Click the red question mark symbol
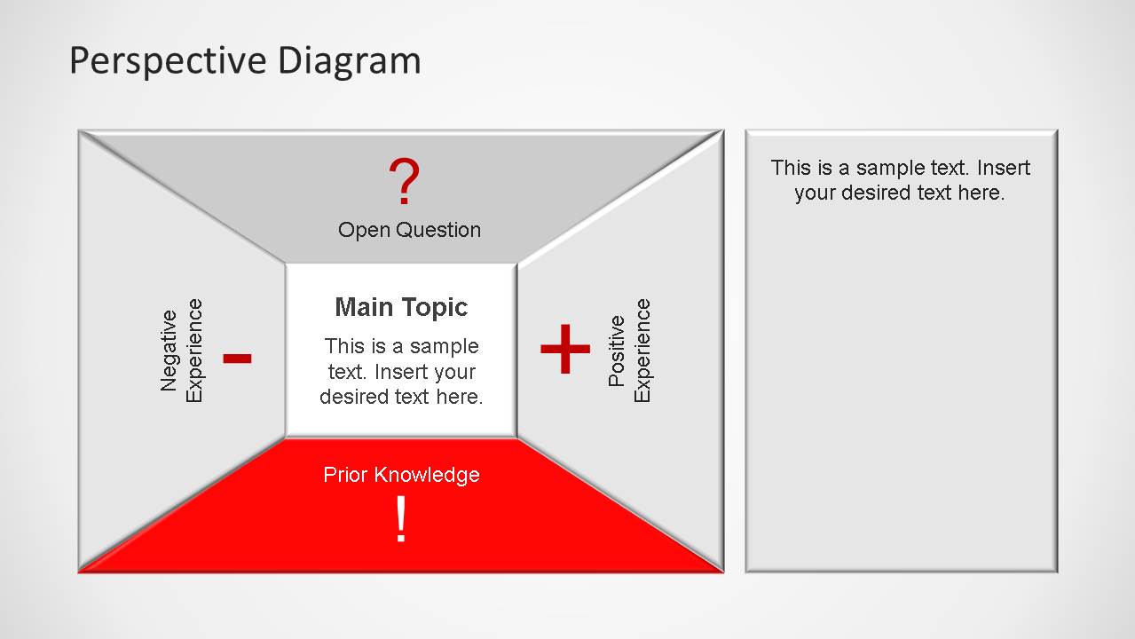point(404,183)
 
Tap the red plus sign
point(565,349)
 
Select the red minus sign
point(237,358)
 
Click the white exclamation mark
point(401,520)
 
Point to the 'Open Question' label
point(409,230)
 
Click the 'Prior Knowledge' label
point(401,475)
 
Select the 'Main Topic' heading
point(401,307)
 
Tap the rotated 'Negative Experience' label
point(182,351)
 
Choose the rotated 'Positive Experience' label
point(629,351)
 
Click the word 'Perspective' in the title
point(168,61)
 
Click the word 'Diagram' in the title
point(349,61)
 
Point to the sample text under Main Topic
point(401,372)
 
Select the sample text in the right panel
point(901,180)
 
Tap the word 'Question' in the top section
point(438,230)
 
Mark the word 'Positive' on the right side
point(617,351)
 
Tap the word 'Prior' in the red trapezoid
point(345,475)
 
